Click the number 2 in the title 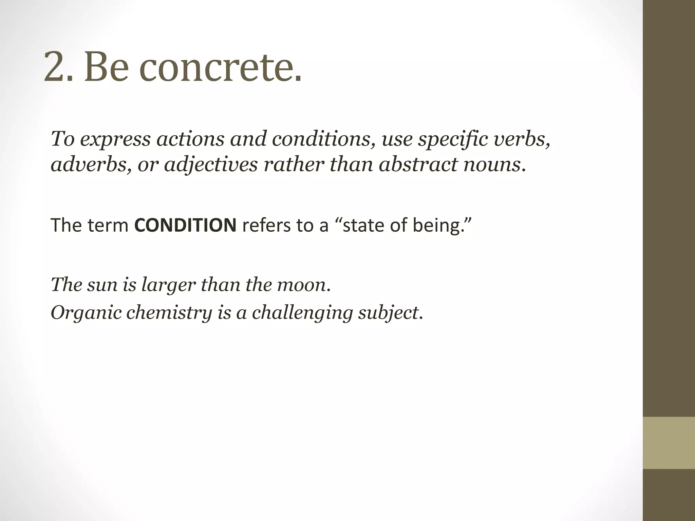click(54, 66)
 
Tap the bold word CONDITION click(185, 225)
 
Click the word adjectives click(211, 165)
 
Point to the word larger click(168, 285)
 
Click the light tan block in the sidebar click(669, 443)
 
